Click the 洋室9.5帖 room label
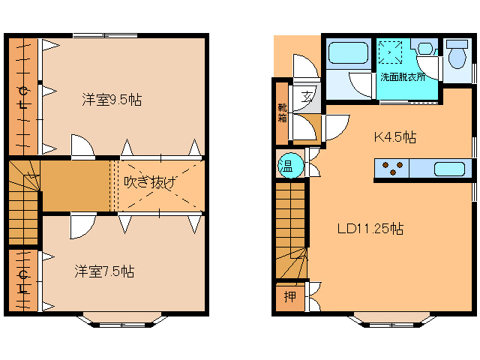coord(112,100)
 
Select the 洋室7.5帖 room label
coord(104,271)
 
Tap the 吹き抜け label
coord(151,182)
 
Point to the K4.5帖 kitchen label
coord(395,137)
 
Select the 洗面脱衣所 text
coord(403,76)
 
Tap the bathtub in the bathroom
coord(348,53)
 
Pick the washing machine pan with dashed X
coord(391,52)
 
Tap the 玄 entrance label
coord(307,96)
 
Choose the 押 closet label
coord(289,297)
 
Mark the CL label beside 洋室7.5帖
coord(23,281)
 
